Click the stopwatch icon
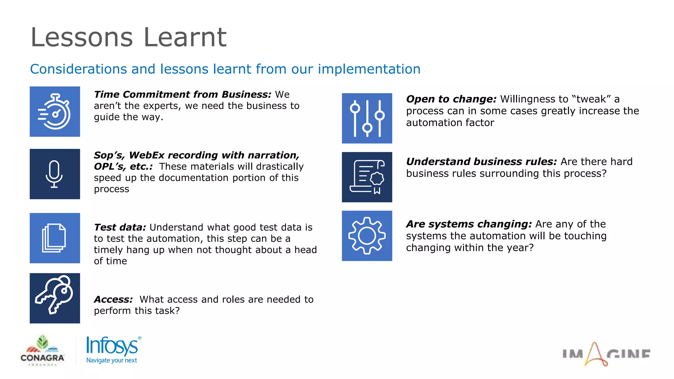(55, 112)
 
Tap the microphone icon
(55, 174)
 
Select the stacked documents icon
(55, 238)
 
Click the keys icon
(55, 298)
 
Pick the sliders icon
(367, 118)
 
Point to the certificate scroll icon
(367, 177)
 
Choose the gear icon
(367, 236)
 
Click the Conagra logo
(42, 351)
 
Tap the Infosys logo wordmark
(112, 346)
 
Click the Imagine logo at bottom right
(606, 354)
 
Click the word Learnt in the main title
(185, 37)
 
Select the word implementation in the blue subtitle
(369, 69)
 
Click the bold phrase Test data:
(120, 227)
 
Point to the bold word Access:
(113, 299)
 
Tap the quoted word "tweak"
(591, 99)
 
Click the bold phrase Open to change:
(451, 99)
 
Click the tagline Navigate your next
(112, 360)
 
